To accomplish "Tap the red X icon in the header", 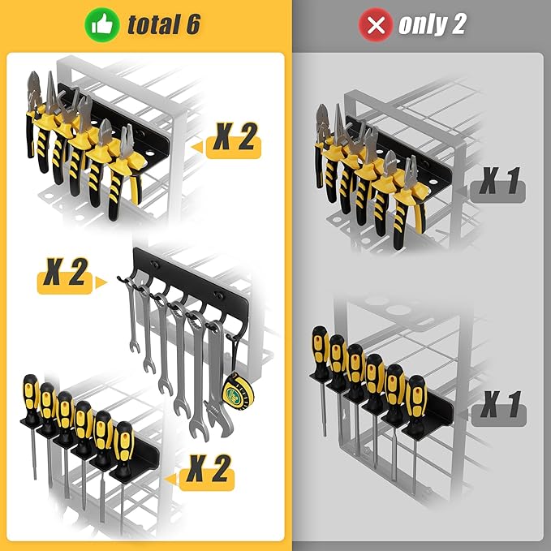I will (x=376, y=24).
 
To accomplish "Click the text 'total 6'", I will (x=163, y=25).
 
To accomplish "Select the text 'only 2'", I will (x=433, y=25).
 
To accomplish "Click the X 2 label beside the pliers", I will (x=235, y=140).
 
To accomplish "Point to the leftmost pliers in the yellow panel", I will (x=37, y=114).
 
